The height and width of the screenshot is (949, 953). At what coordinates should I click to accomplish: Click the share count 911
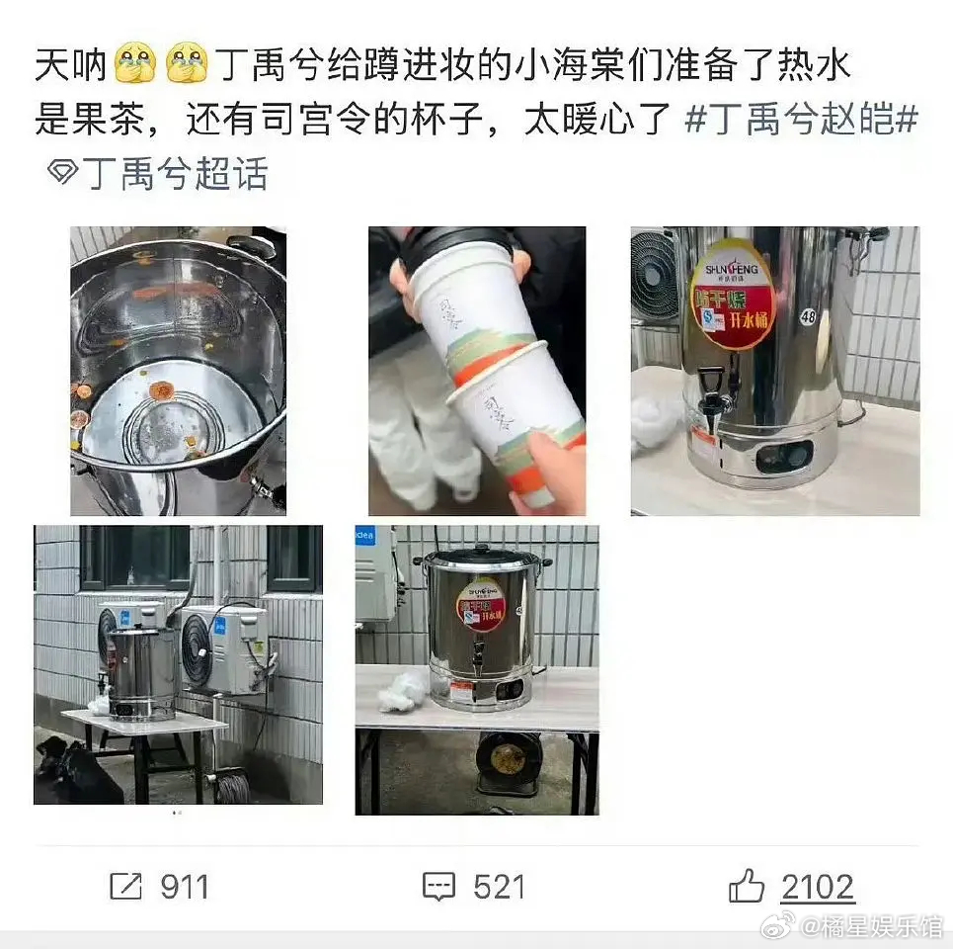[185, 887]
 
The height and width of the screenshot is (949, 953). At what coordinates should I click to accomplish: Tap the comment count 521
[498, 887]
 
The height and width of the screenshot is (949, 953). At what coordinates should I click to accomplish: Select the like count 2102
[817, 887]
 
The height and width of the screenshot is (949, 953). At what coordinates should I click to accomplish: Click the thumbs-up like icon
[747, 887]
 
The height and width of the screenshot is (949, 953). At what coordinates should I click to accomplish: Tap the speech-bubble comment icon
[438, 887]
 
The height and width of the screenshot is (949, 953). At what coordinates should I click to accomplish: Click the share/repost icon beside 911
[125, 887]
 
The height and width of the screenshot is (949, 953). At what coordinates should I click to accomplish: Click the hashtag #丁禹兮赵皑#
[801, 122]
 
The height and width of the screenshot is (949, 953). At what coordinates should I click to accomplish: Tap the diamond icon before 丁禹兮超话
[63, 175]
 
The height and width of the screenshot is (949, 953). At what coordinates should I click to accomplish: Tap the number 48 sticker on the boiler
[809, 316]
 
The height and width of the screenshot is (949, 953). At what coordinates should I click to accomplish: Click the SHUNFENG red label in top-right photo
[732, 294]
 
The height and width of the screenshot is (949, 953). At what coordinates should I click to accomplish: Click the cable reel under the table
[509, 761]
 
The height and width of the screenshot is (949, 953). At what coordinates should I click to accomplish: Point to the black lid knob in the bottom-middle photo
[481, 548]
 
